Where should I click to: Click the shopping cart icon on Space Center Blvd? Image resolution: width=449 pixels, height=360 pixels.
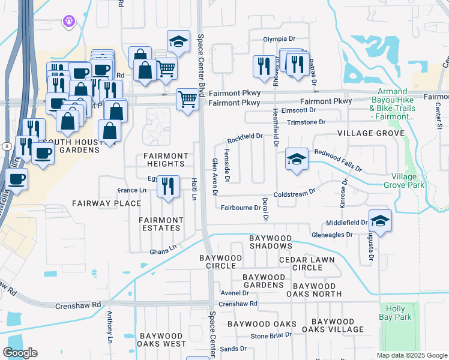pos(187,98)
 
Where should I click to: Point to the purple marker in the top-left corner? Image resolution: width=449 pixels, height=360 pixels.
pos(69,21)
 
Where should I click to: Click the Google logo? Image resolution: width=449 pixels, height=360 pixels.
pos(20,353)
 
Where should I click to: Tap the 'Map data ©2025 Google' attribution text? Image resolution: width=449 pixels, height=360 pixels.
pos(411,355)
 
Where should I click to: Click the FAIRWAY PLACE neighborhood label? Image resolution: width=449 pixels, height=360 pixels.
pos(98,203)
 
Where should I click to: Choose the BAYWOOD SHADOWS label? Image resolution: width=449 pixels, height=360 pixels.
pos(271,242)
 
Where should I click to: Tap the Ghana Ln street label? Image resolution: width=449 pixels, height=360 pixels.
pos(163,247)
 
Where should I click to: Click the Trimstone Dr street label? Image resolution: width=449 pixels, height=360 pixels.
pos(306,122)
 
